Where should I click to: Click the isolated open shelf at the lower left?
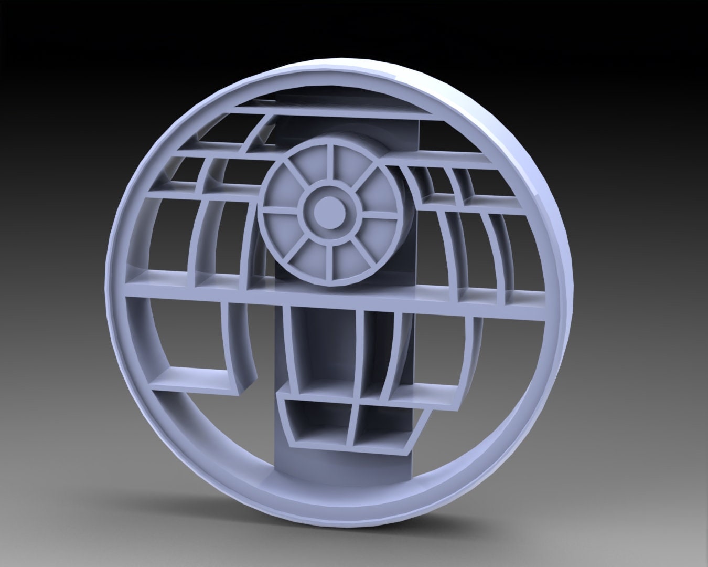(194, 378)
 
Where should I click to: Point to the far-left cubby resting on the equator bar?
(157, 273)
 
